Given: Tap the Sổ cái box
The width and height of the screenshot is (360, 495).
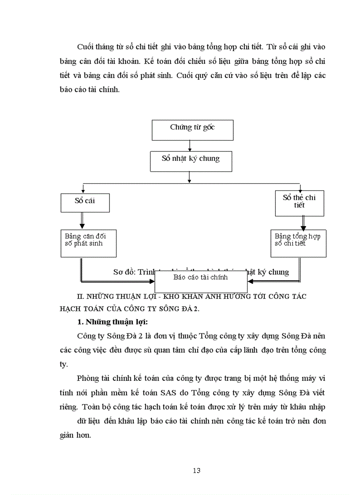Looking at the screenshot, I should (85, 202).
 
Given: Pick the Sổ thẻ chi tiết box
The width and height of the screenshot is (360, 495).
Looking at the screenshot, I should (299, 203).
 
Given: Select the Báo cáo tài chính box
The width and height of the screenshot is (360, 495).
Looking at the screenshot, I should (200, 281).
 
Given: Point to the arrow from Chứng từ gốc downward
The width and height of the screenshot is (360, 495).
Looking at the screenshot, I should (189, 146).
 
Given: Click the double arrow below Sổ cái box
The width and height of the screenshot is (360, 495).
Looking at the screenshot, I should (82, 220).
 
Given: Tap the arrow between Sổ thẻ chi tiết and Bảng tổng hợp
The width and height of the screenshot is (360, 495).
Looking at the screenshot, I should (303, 222).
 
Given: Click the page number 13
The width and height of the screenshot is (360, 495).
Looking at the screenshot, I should (196, 470).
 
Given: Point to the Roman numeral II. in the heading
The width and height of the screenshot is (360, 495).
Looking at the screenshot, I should (80, 296).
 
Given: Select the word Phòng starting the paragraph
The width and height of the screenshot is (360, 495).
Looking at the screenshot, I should (88, 378).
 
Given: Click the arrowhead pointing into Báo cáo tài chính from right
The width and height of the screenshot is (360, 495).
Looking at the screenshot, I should (250, 281).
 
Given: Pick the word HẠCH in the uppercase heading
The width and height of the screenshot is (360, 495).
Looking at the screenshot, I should (72, 308).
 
